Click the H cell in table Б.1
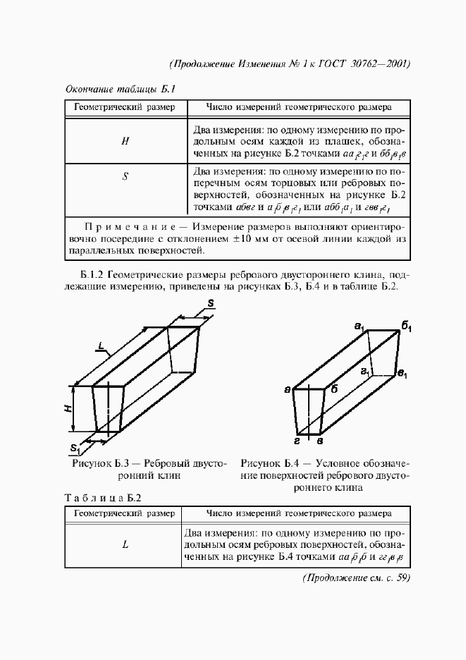click(x=125, y=140)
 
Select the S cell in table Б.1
click(x=125, y=177)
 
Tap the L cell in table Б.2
click(x=125, y=545)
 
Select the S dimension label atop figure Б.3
click(x=211, y=304)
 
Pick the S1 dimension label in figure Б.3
click(x=75, y=447)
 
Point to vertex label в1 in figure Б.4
click(x=402, y=373)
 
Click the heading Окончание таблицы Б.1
click(x=119, y=90)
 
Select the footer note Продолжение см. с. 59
click(x=355, y=578)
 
